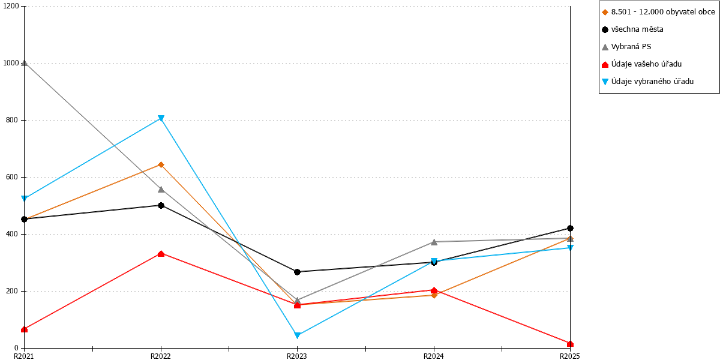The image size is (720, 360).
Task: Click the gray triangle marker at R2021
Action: tap(24, 63)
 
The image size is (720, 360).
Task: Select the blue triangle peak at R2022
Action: tap(161, 119)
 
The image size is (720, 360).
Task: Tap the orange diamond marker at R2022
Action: tap(161, 165)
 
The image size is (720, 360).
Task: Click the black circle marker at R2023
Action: tap(298, 272)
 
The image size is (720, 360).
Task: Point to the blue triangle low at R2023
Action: tap(298, 335)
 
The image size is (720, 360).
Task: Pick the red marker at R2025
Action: tap(570, 344)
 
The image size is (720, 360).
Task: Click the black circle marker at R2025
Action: tap(570, 228)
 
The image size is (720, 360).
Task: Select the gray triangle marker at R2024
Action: tap(434, 242)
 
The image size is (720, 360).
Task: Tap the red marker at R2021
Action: tap(24, 329)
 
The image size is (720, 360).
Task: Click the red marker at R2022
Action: tap(161, 254)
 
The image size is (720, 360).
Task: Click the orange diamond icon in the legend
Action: tap(605, 12)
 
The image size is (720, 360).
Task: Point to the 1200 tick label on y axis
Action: tap(11, 6)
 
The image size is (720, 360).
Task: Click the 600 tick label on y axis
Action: tap(12, 177)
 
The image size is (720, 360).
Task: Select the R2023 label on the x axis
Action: tap(296, 356)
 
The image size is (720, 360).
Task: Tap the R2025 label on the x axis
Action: tap(570, 356)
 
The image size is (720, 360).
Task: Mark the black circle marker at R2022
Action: tap(161, 205)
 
